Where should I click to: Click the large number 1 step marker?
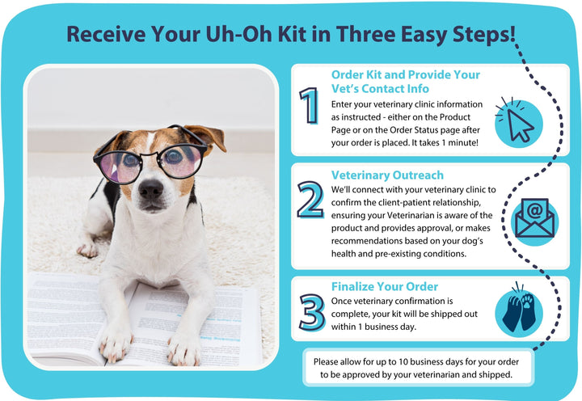310,105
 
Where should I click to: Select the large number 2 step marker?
310,200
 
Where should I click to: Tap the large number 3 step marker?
312,312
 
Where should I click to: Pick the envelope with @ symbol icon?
534,219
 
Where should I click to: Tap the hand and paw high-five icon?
519,310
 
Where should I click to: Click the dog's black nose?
150,189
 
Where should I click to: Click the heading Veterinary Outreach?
387,175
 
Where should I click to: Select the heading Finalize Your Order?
385,287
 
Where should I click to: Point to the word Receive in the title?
106,34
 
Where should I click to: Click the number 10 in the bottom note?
403,361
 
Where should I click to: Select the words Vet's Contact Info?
380,89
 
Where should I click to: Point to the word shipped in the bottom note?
496,375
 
